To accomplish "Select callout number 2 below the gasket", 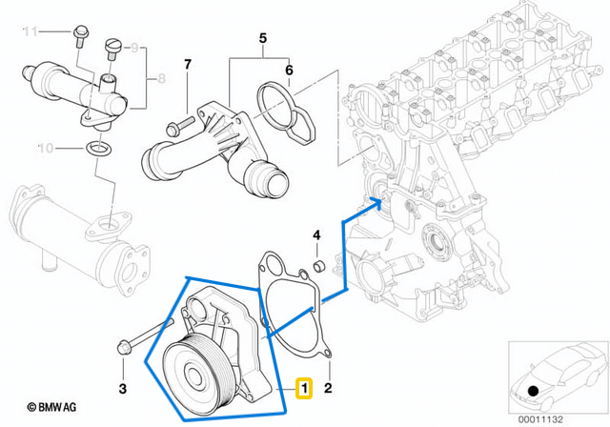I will pos(328,388).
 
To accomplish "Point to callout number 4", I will pos(318,234).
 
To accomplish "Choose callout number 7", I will pos(188,66).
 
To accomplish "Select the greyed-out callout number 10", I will pos(133,46).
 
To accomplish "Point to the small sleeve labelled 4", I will pos(319,263).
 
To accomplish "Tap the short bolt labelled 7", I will pos(178,126).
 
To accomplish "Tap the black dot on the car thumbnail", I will pos(532,391).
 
